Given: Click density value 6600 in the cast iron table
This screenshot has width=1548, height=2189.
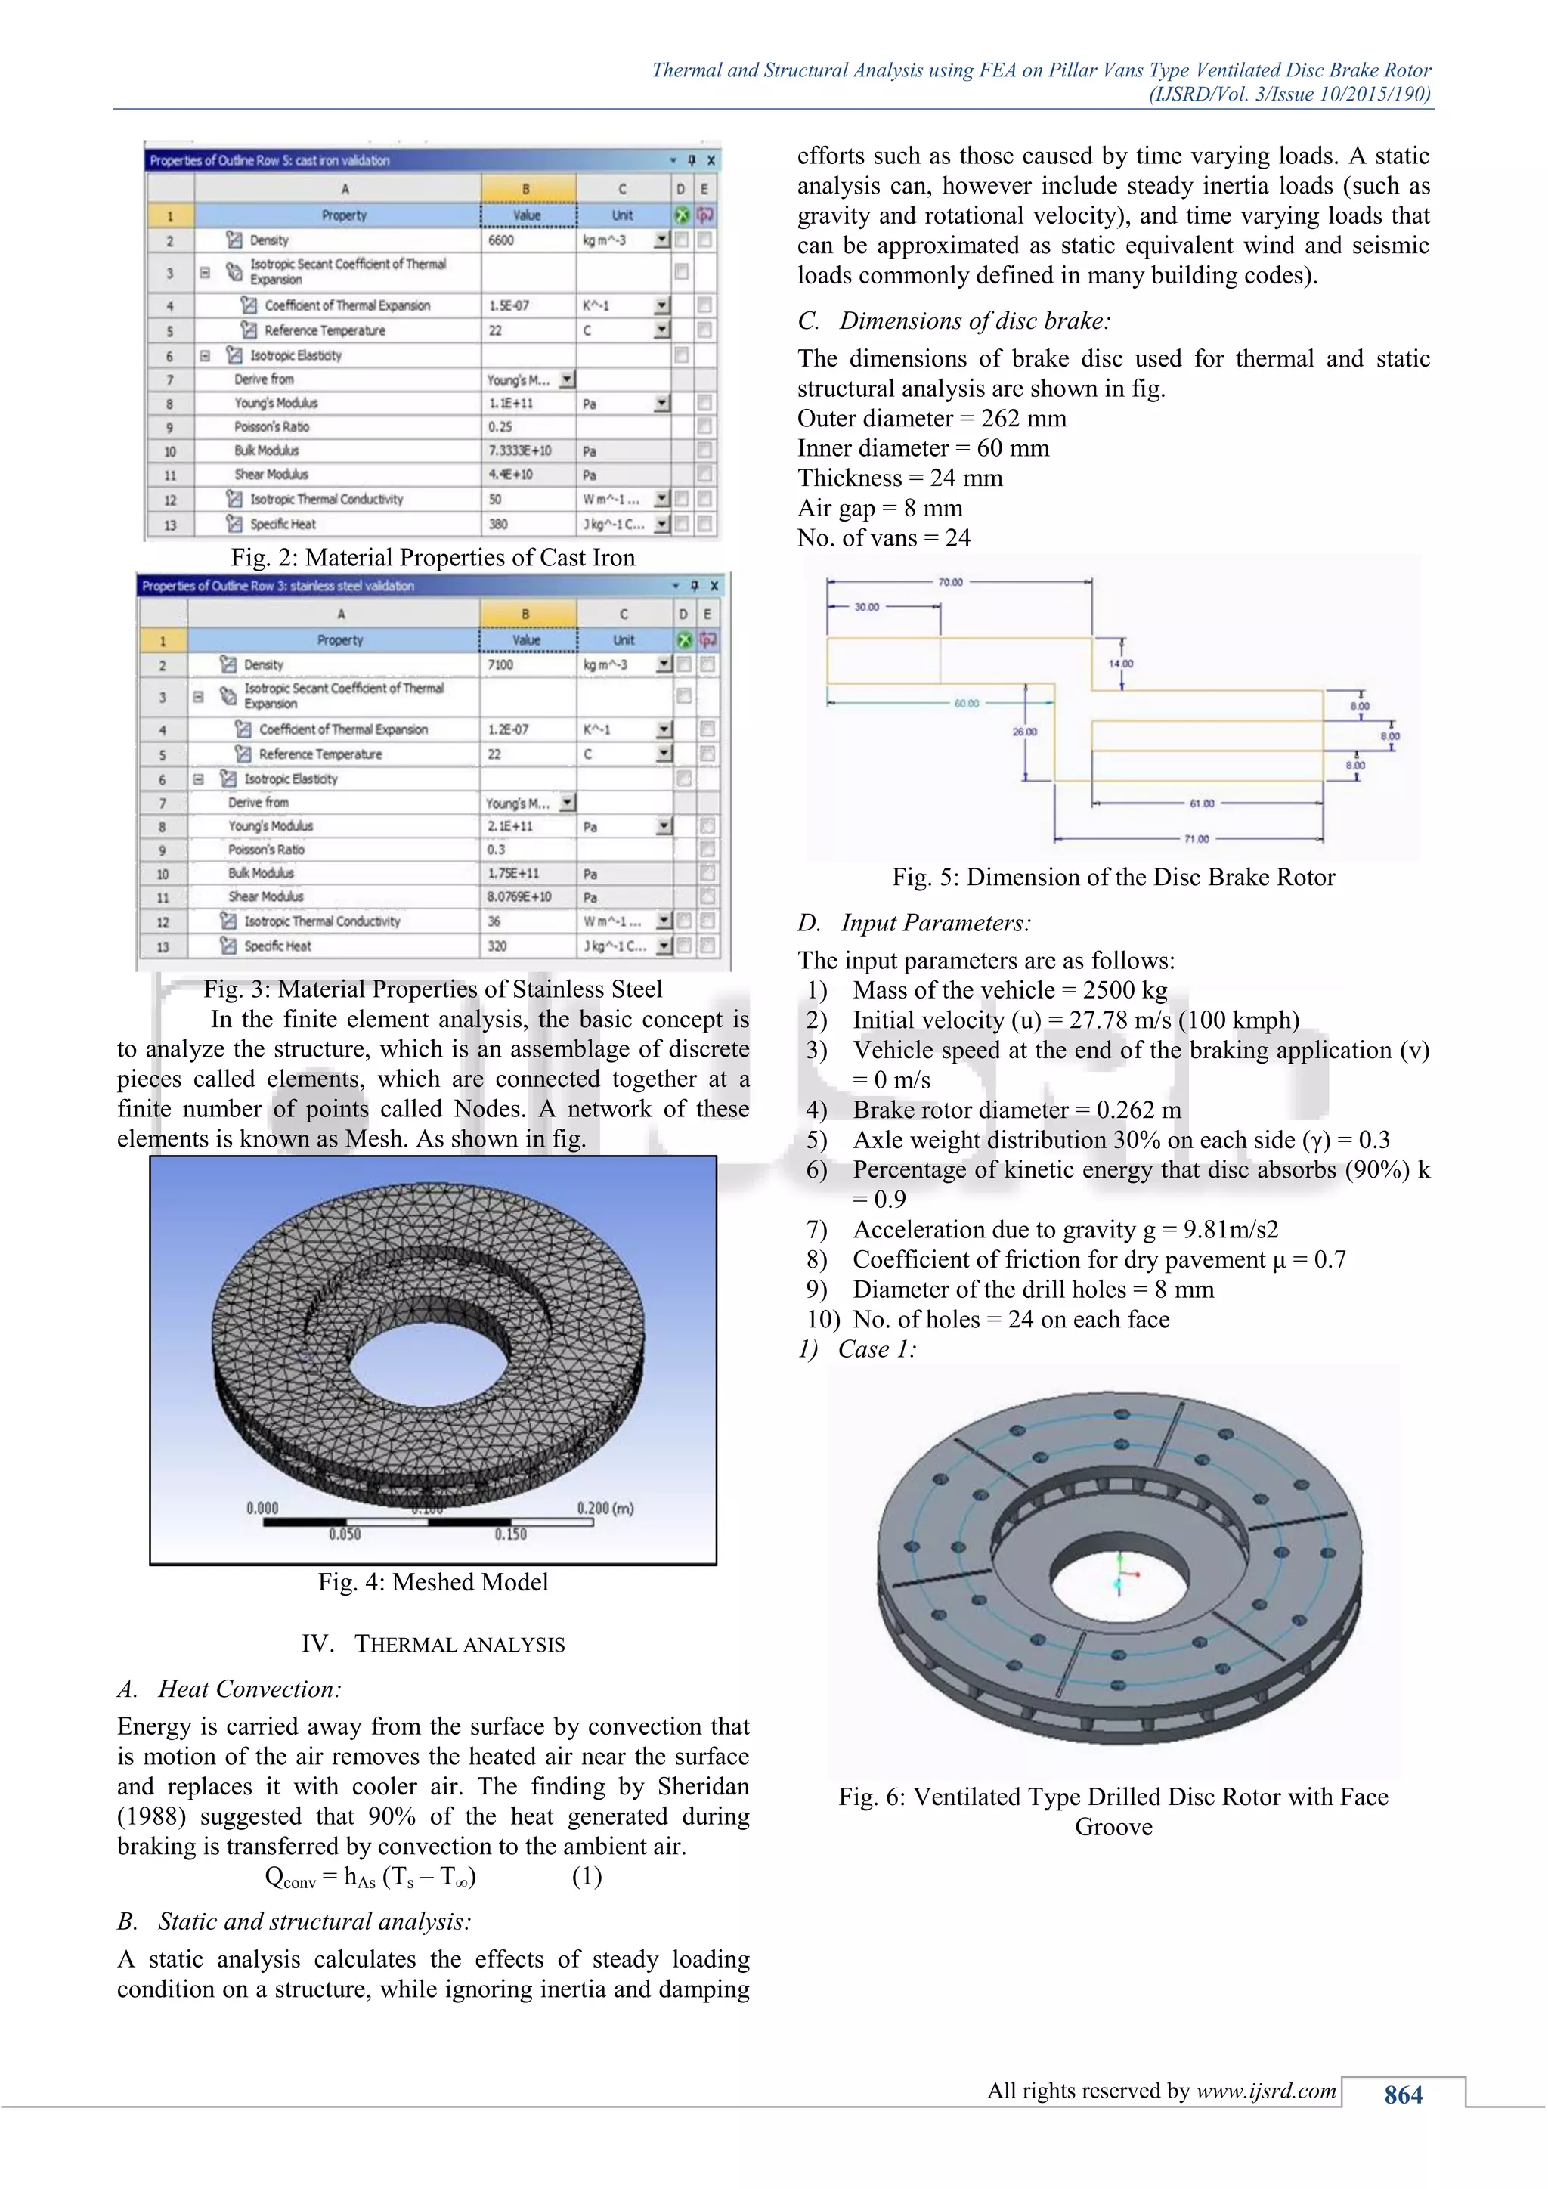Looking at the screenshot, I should pos(501,240).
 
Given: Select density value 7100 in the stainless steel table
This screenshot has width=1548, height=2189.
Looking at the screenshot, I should pos(500,664).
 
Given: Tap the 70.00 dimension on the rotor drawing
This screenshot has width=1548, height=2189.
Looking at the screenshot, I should pos(950,581).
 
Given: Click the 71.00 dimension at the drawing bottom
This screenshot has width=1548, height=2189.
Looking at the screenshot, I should pos(1197,839).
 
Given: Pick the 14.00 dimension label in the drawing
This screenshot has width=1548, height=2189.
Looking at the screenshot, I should pos(1121,664).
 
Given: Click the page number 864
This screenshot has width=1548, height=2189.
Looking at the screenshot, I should pos(1403,2095).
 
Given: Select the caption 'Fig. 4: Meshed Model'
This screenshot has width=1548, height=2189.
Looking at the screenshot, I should pos(433,1582).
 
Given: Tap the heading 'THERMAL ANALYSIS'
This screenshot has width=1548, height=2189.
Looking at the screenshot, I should pos(460,1645).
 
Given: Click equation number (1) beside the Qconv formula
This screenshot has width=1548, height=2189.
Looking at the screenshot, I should pos(587,1876).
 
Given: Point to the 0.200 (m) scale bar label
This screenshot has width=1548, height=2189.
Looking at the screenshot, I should pos(605,1508).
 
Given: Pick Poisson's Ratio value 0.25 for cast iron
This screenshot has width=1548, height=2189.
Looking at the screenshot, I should pos(500,427).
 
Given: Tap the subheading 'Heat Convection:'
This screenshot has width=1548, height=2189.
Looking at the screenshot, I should pos(249,1689).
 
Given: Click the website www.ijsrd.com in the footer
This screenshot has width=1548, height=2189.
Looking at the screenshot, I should pos(1266,2091).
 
